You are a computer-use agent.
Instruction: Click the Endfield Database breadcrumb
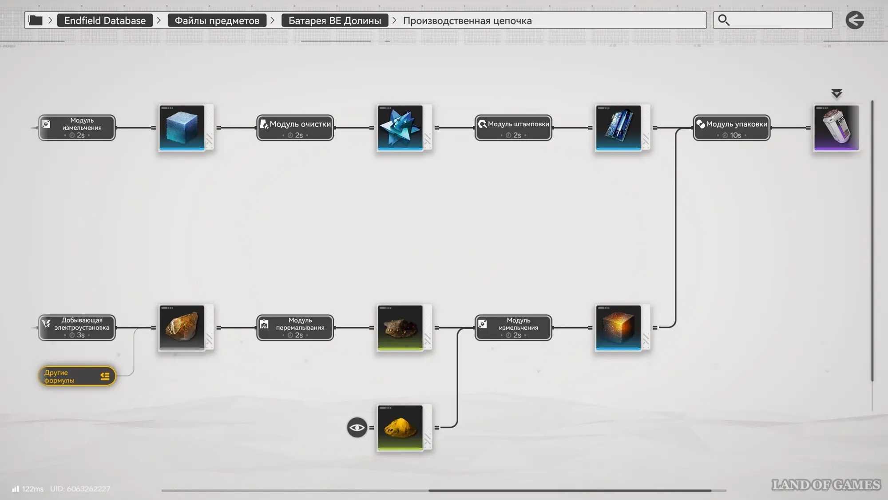105,20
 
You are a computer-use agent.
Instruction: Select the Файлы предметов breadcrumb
217,20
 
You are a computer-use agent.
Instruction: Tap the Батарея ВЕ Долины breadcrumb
335,20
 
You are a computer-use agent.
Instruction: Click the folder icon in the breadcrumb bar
36,20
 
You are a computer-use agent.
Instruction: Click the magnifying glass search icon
724,20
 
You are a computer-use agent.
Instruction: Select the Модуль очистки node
295,128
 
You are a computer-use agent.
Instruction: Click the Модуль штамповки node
513,128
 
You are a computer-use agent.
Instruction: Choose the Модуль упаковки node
732,128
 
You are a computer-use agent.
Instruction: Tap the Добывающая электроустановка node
77,328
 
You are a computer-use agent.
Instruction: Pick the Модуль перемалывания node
295,328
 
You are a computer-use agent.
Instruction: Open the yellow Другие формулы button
77,376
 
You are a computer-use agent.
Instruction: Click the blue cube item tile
182,128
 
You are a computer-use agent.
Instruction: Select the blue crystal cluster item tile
400,128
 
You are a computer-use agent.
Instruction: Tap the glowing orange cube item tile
618,328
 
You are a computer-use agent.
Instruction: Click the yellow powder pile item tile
400,428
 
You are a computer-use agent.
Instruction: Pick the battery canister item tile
836,128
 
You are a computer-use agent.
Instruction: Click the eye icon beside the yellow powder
357,428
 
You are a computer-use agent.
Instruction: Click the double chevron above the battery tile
836,93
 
